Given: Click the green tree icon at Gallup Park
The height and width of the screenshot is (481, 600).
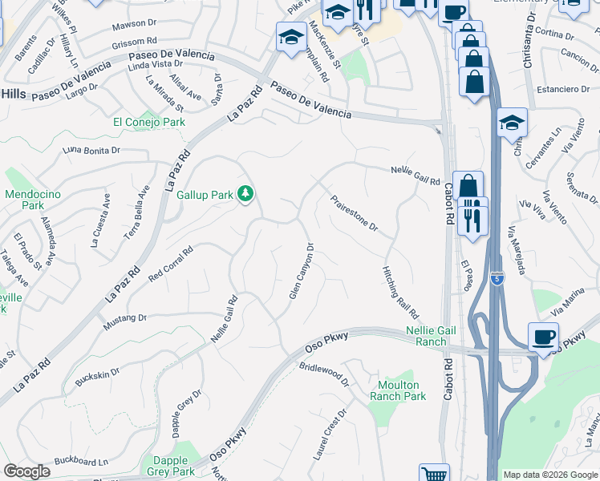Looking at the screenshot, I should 247,193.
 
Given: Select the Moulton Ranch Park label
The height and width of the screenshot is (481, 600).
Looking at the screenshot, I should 399,390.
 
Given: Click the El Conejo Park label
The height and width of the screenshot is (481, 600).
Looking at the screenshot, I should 149,122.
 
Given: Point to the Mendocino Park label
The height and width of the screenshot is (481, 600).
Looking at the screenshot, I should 24,200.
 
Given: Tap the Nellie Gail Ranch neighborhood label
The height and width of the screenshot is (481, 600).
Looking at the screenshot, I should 415,336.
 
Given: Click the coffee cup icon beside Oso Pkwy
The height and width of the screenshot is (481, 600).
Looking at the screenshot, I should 543,336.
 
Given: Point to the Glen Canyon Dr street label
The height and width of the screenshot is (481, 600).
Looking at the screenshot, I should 301,271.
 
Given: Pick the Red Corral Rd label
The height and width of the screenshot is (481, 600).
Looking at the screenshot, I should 171,264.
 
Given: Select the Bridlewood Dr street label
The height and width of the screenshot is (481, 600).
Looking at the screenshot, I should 325,374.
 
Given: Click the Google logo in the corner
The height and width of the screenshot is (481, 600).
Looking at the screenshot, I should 26,471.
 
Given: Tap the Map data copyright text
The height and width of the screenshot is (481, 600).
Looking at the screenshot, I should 550,475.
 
